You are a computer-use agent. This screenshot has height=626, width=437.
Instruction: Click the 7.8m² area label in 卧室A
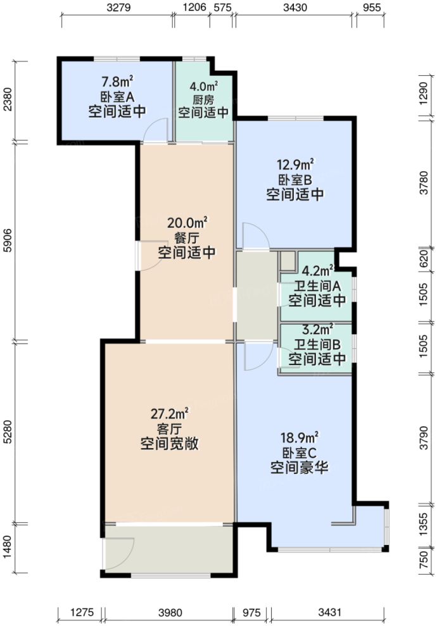pyautogui.click(x=117, y=81)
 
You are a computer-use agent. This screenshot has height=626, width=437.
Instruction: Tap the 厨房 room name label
pyautogui.click(x=203, y=100)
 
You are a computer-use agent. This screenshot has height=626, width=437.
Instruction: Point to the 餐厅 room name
pyautogui.click(x=186, y=238)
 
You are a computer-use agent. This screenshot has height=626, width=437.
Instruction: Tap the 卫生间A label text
pyautogui.click(x=317, y=285)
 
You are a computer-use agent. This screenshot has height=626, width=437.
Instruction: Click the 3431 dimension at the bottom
pyautogui.click(x=329, y=612)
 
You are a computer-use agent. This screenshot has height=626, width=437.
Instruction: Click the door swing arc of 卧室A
pyautogui.click(x=152, y=131)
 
